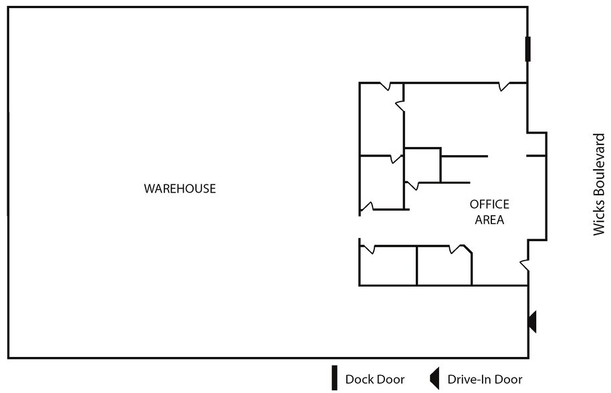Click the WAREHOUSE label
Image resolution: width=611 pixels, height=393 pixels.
click(180, 188)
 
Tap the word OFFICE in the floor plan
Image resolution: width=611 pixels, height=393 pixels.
click(489, 204)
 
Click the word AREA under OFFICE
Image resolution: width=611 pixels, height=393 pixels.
click(489, 220)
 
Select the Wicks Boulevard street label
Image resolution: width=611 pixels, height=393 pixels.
click(599, 184)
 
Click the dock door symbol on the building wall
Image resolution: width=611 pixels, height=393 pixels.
click(527, 49)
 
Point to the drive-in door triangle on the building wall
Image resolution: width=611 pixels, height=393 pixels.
click(532, 321)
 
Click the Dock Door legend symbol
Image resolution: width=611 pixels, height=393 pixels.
click(334, 378)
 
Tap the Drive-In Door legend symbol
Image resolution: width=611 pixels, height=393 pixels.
click(435, 378)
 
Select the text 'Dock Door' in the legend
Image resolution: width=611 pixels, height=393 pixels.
click(375, 380)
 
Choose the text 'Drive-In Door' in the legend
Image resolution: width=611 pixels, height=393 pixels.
click(485, 380)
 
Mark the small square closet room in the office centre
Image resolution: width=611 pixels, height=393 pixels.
click(422, 165)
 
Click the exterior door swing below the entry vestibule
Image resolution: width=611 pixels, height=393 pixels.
click(525, 265)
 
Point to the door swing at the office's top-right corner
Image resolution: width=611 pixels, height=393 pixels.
click(504, 86)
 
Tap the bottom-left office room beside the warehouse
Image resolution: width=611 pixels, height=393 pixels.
click(388, 265)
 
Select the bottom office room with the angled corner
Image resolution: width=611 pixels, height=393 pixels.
click(445, 265)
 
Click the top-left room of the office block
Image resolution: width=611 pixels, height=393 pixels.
click(382, 119)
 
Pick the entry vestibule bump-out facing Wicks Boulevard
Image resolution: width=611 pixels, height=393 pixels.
click(537, 186)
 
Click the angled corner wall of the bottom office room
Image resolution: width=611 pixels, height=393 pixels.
click(468, 249)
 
